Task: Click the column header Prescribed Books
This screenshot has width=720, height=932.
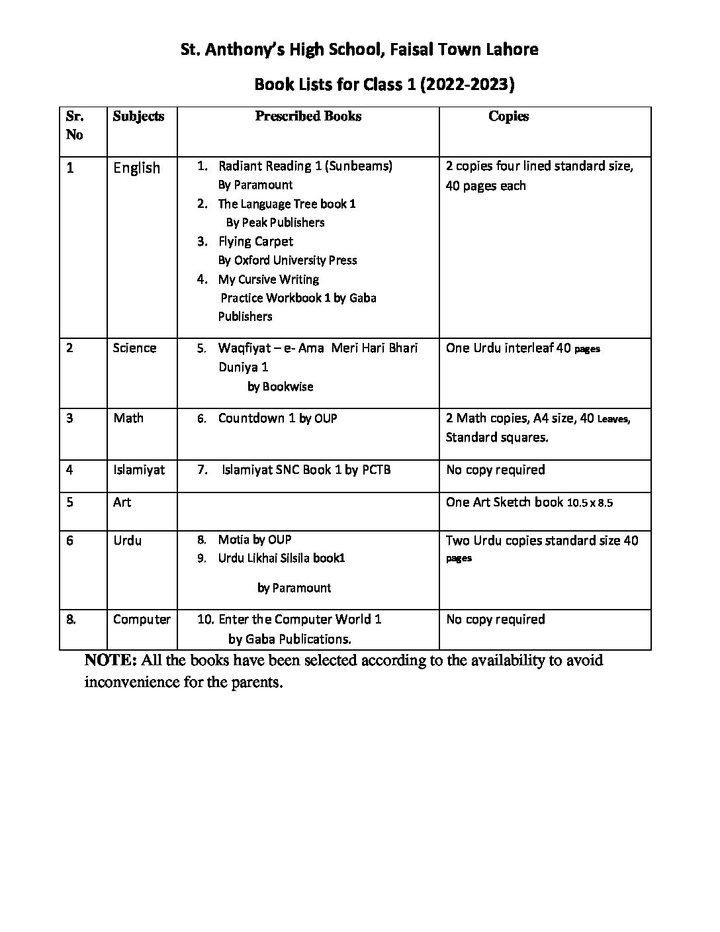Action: (x=308, y=117)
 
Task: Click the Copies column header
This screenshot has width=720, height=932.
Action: (x=508, y=117)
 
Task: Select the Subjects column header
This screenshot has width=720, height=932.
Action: (x=138, y=117)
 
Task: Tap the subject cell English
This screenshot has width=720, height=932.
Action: (x=136, y=168)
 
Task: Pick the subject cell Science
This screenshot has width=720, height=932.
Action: (x=134, y=348)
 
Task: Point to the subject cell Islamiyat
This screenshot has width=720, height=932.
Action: (x=139, y=470)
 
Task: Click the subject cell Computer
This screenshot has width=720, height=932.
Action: (x=142, y=620)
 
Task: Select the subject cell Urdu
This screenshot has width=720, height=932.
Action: (x=127, y=541)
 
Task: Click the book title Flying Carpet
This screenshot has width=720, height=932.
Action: (x=255, y=242)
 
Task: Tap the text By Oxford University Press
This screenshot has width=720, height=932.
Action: (x=287, y=260)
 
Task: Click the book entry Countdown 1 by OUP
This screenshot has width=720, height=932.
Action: (x=277, y=418)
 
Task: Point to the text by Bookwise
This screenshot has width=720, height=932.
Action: (x=280, y=387)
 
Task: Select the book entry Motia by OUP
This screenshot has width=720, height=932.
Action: (x=255, y=539)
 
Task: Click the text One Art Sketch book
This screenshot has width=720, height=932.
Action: (x=504, y=502)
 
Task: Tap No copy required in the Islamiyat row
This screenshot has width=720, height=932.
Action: (x=496, y=470)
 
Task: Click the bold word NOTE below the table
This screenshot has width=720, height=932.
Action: (x=110, y=661)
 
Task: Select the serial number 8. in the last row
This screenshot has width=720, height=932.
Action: (x=71, y=620)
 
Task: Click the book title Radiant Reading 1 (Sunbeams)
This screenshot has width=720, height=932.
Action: (x=305, y=166)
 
